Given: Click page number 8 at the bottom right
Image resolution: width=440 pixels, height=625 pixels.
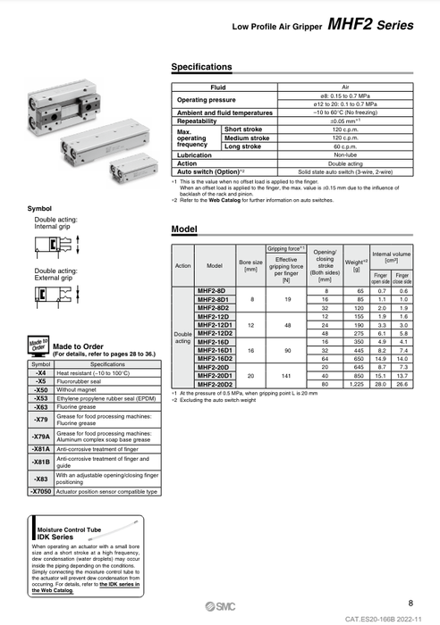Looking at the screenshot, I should [x=410, y=604].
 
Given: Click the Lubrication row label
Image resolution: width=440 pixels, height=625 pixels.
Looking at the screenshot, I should [x=195, y=155].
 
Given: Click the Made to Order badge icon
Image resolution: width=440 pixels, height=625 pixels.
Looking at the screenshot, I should [x=38, y=346].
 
